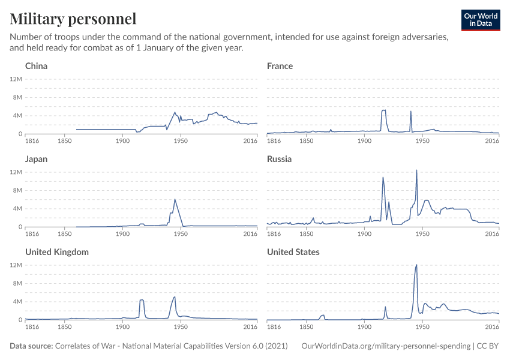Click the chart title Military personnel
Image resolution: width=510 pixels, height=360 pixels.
(x=73, y=19)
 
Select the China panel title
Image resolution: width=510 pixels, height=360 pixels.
(x=36, y=66)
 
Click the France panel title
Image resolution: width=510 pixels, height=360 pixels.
(x=280, y=66)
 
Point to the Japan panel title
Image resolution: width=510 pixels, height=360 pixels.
(x=36, y=159)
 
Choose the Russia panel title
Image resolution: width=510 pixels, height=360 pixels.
(x=279, y=159)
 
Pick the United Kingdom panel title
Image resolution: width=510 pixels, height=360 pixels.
(x=57, y=252)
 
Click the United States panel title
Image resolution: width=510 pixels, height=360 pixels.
(x=293, y=252)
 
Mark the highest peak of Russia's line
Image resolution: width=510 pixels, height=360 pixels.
(x=416, y=170)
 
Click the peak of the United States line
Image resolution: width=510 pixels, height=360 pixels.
(x=416, y=265)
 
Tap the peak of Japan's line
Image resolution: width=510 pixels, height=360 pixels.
(x=175, y=199)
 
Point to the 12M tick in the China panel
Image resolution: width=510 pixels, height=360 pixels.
(x=16, y=79)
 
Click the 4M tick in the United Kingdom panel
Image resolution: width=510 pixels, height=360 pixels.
(x=16, y=301)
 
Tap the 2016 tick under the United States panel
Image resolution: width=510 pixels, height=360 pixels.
(x=492, y=326)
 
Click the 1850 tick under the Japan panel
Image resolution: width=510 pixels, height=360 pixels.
(x=65, y=233)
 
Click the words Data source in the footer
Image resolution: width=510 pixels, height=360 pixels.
(x=31, y=346)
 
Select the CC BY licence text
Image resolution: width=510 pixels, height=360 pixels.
(x=489, y=346)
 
